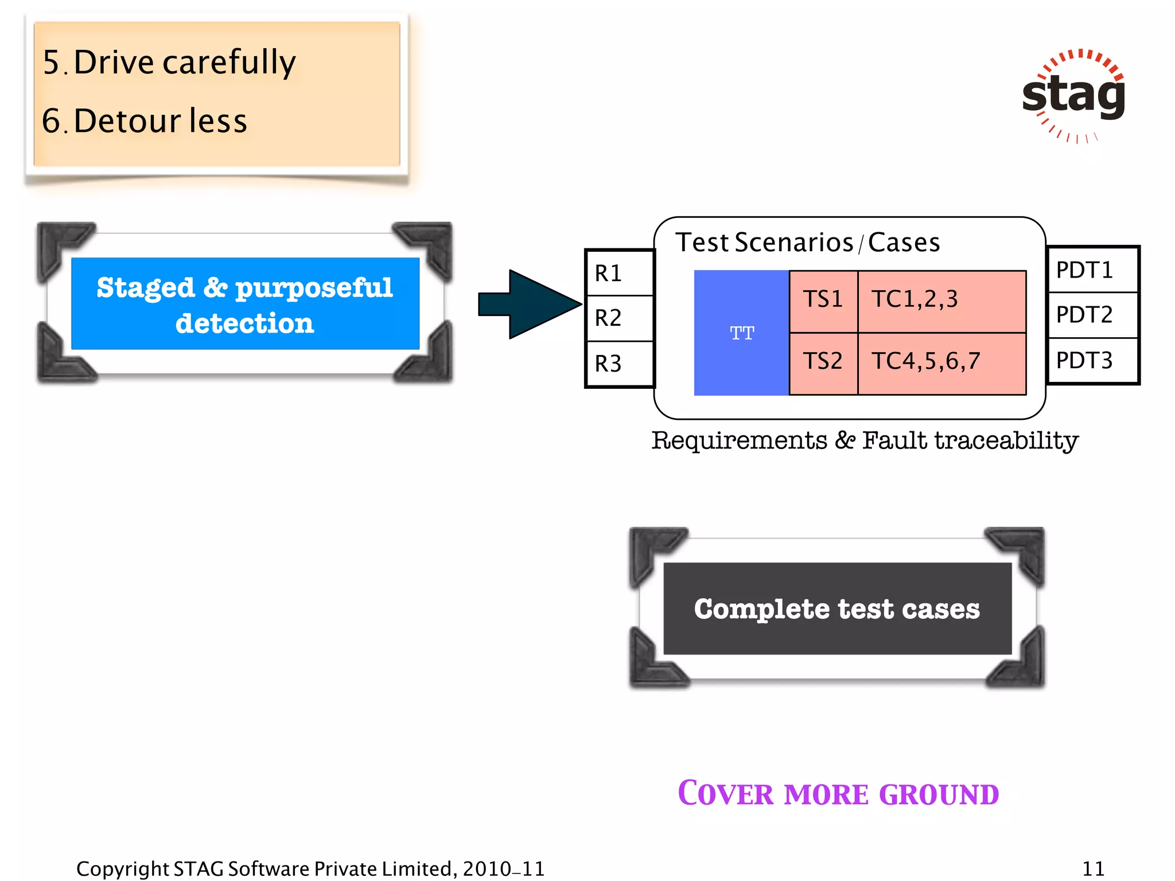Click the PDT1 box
point(1092,270)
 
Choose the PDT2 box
point(1092,315)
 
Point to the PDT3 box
point(1092,361)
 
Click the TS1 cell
point(823,300)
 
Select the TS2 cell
point(823,362)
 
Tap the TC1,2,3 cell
point(941,300)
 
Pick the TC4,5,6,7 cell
point(941,362)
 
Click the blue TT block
point(741,333)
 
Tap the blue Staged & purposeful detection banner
point(245,303)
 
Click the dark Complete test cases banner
point(837,609)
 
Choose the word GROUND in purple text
point(939,795)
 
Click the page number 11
point(1093,868)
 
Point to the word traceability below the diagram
point(1006,441)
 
